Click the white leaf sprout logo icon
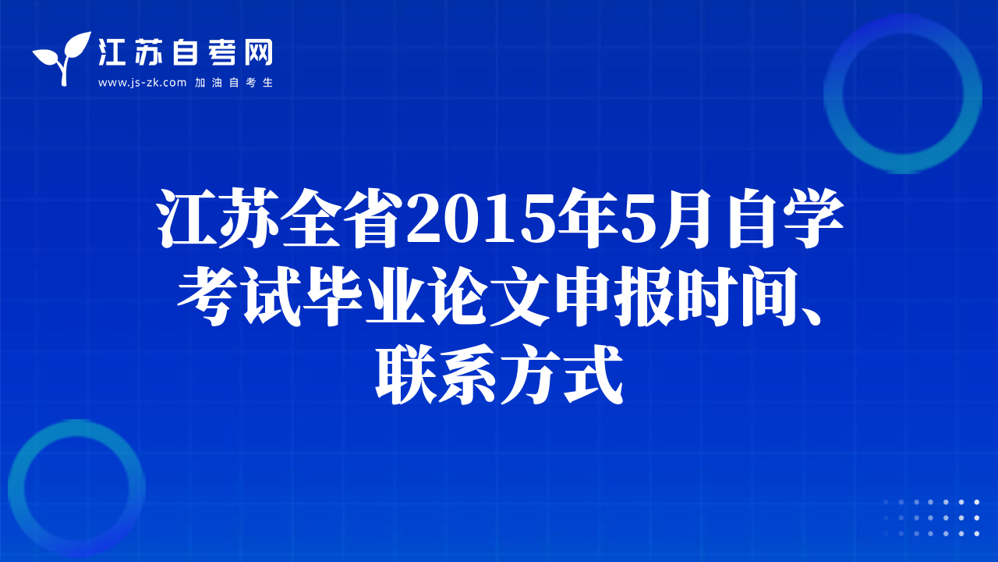(x=62, y=58)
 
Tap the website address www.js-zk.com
(x=142, y=83)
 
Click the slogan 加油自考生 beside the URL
(x=234, y=83)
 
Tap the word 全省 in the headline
(x=338, y=219)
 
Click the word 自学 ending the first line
(x=787, y=219)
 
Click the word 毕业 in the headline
(x=364, y=296)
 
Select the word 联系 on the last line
(x=435, y=374)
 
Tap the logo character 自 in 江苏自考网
(x=185, y=52)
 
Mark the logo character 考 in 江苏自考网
(x=221, y=52)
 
